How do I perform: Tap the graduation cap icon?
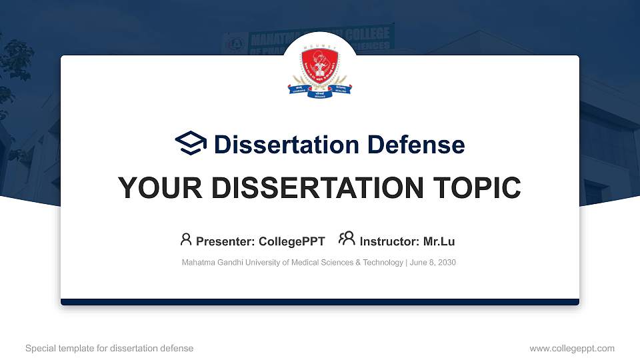191,144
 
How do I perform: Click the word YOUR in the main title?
151,188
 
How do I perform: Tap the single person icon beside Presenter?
186,239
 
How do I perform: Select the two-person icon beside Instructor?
347,239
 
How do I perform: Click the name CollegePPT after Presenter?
292,241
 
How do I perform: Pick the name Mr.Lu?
439,241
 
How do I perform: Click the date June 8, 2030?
433,263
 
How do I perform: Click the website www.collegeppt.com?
572,348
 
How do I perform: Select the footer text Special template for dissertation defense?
109,348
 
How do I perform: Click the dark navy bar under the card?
320,302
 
